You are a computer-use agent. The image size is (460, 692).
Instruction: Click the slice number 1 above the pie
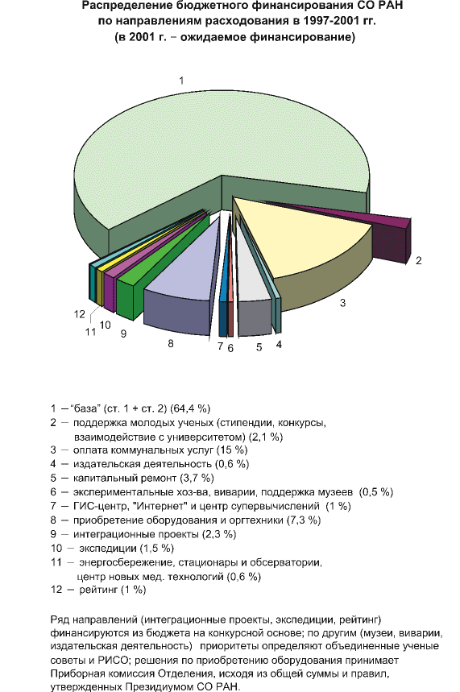tap(181, 81)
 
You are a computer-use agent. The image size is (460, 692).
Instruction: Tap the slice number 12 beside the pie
tap(80, 314)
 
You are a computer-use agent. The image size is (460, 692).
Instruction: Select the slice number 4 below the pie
tap(279, 345)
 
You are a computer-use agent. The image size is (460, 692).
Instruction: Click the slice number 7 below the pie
tap(220, 346)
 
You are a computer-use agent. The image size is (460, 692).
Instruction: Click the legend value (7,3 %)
tap(304, 520)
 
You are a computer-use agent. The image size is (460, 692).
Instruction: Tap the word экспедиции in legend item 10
tap(108, 549)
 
